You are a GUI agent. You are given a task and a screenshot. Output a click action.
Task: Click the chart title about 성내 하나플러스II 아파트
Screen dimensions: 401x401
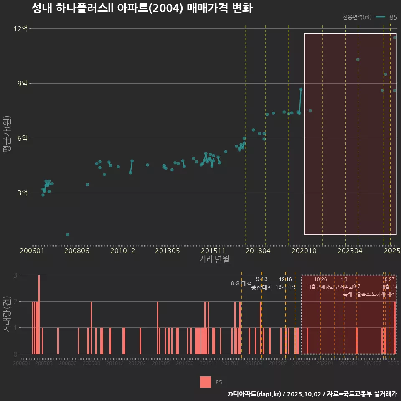click(x=142, y=9)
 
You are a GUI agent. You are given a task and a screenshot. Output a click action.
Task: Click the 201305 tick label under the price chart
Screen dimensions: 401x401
click(x=167, y=251)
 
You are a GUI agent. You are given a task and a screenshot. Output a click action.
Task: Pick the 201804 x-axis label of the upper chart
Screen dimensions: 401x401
click(x=258, y=251)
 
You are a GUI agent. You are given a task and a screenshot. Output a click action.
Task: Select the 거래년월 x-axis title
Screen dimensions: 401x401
click(x=214, y=259)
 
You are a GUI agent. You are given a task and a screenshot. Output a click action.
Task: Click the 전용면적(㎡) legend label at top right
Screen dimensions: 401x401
click(x=357, y=17)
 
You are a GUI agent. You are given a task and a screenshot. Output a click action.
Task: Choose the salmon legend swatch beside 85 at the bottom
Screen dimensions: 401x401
click(x=206, y=382)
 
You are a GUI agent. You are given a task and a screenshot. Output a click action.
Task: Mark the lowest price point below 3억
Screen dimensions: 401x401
click(x=68, y=235)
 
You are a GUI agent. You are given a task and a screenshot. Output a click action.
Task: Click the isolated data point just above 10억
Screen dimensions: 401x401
click(x=358, y=59)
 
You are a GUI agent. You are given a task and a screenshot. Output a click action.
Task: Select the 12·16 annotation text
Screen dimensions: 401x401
click(x=286, y=279)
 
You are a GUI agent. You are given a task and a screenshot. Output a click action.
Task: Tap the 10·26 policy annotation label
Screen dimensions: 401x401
click(x=320, y=279)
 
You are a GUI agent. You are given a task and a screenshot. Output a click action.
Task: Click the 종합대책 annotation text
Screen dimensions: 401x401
click(x=262, y=287)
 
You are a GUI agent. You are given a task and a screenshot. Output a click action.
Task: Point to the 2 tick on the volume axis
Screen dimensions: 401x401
click(x=16, y=301)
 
